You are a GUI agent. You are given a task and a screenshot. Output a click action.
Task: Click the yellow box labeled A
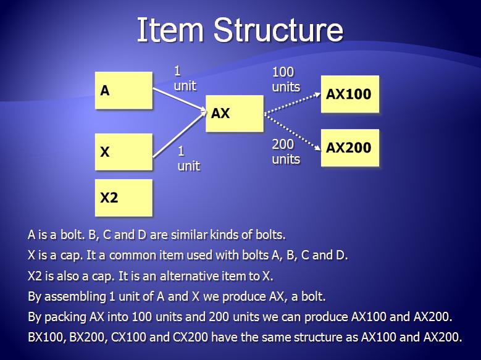[123, 90]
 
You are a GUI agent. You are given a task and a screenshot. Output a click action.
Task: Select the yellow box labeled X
[123, 152]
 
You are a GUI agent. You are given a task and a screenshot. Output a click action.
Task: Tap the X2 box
[123, 198]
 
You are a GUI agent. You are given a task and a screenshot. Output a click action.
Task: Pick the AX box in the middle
[235, 114]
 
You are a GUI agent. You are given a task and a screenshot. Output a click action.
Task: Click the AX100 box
[350, 94]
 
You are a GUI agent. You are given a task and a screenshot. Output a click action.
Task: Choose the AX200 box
[350, 148]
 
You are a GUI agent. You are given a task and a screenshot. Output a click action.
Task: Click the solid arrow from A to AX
[180, 99]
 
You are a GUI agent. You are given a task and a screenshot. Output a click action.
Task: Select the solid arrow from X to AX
[180, 134]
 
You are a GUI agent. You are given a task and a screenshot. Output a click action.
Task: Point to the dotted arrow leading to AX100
[292, 104]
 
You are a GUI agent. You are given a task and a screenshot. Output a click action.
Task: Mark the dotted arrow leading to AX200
[292, 132]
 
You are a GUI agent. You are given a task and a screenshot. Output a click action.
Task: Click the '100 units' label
[286, 80]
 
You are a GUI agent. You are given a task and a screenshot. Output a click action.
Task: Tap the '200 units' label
[286, 152]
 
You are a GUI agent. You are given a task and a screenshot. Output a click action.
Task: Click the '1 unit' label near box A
[185, 78]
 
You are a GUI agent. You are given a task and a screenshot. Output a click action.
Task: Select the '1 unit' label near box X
[189, 158]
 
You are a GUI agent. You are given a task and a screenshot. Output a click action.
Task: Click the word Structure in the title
[278, 30]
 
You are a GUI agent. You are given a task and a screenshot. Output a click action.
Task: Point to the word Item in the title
[170, 30]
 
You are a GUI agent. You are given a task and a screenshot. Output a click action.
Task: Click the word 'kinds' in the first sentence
[224, 235]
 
